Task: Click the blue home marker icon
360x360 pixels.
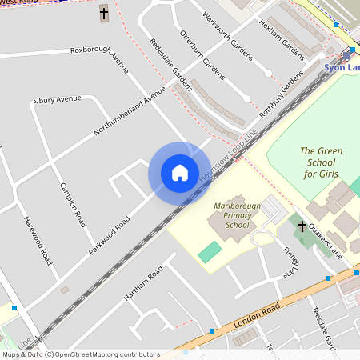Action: pyautogui.click(x=180, y=173)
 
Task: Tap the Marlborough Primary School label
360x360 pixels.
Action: pyautogui.click(x=238, y=215)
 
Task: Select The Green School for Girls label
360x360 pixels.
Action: pyautogui.click(x=320, y=162)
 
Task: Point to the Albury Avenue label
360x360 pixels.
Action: pyautogui.click(x=58, y=100)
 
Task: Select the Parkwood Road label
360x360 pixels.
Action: pyautogui.click(x=110, y=234)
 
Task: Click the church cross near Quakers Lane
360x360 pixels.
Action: pyautogui.click(x=302, y=227)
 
